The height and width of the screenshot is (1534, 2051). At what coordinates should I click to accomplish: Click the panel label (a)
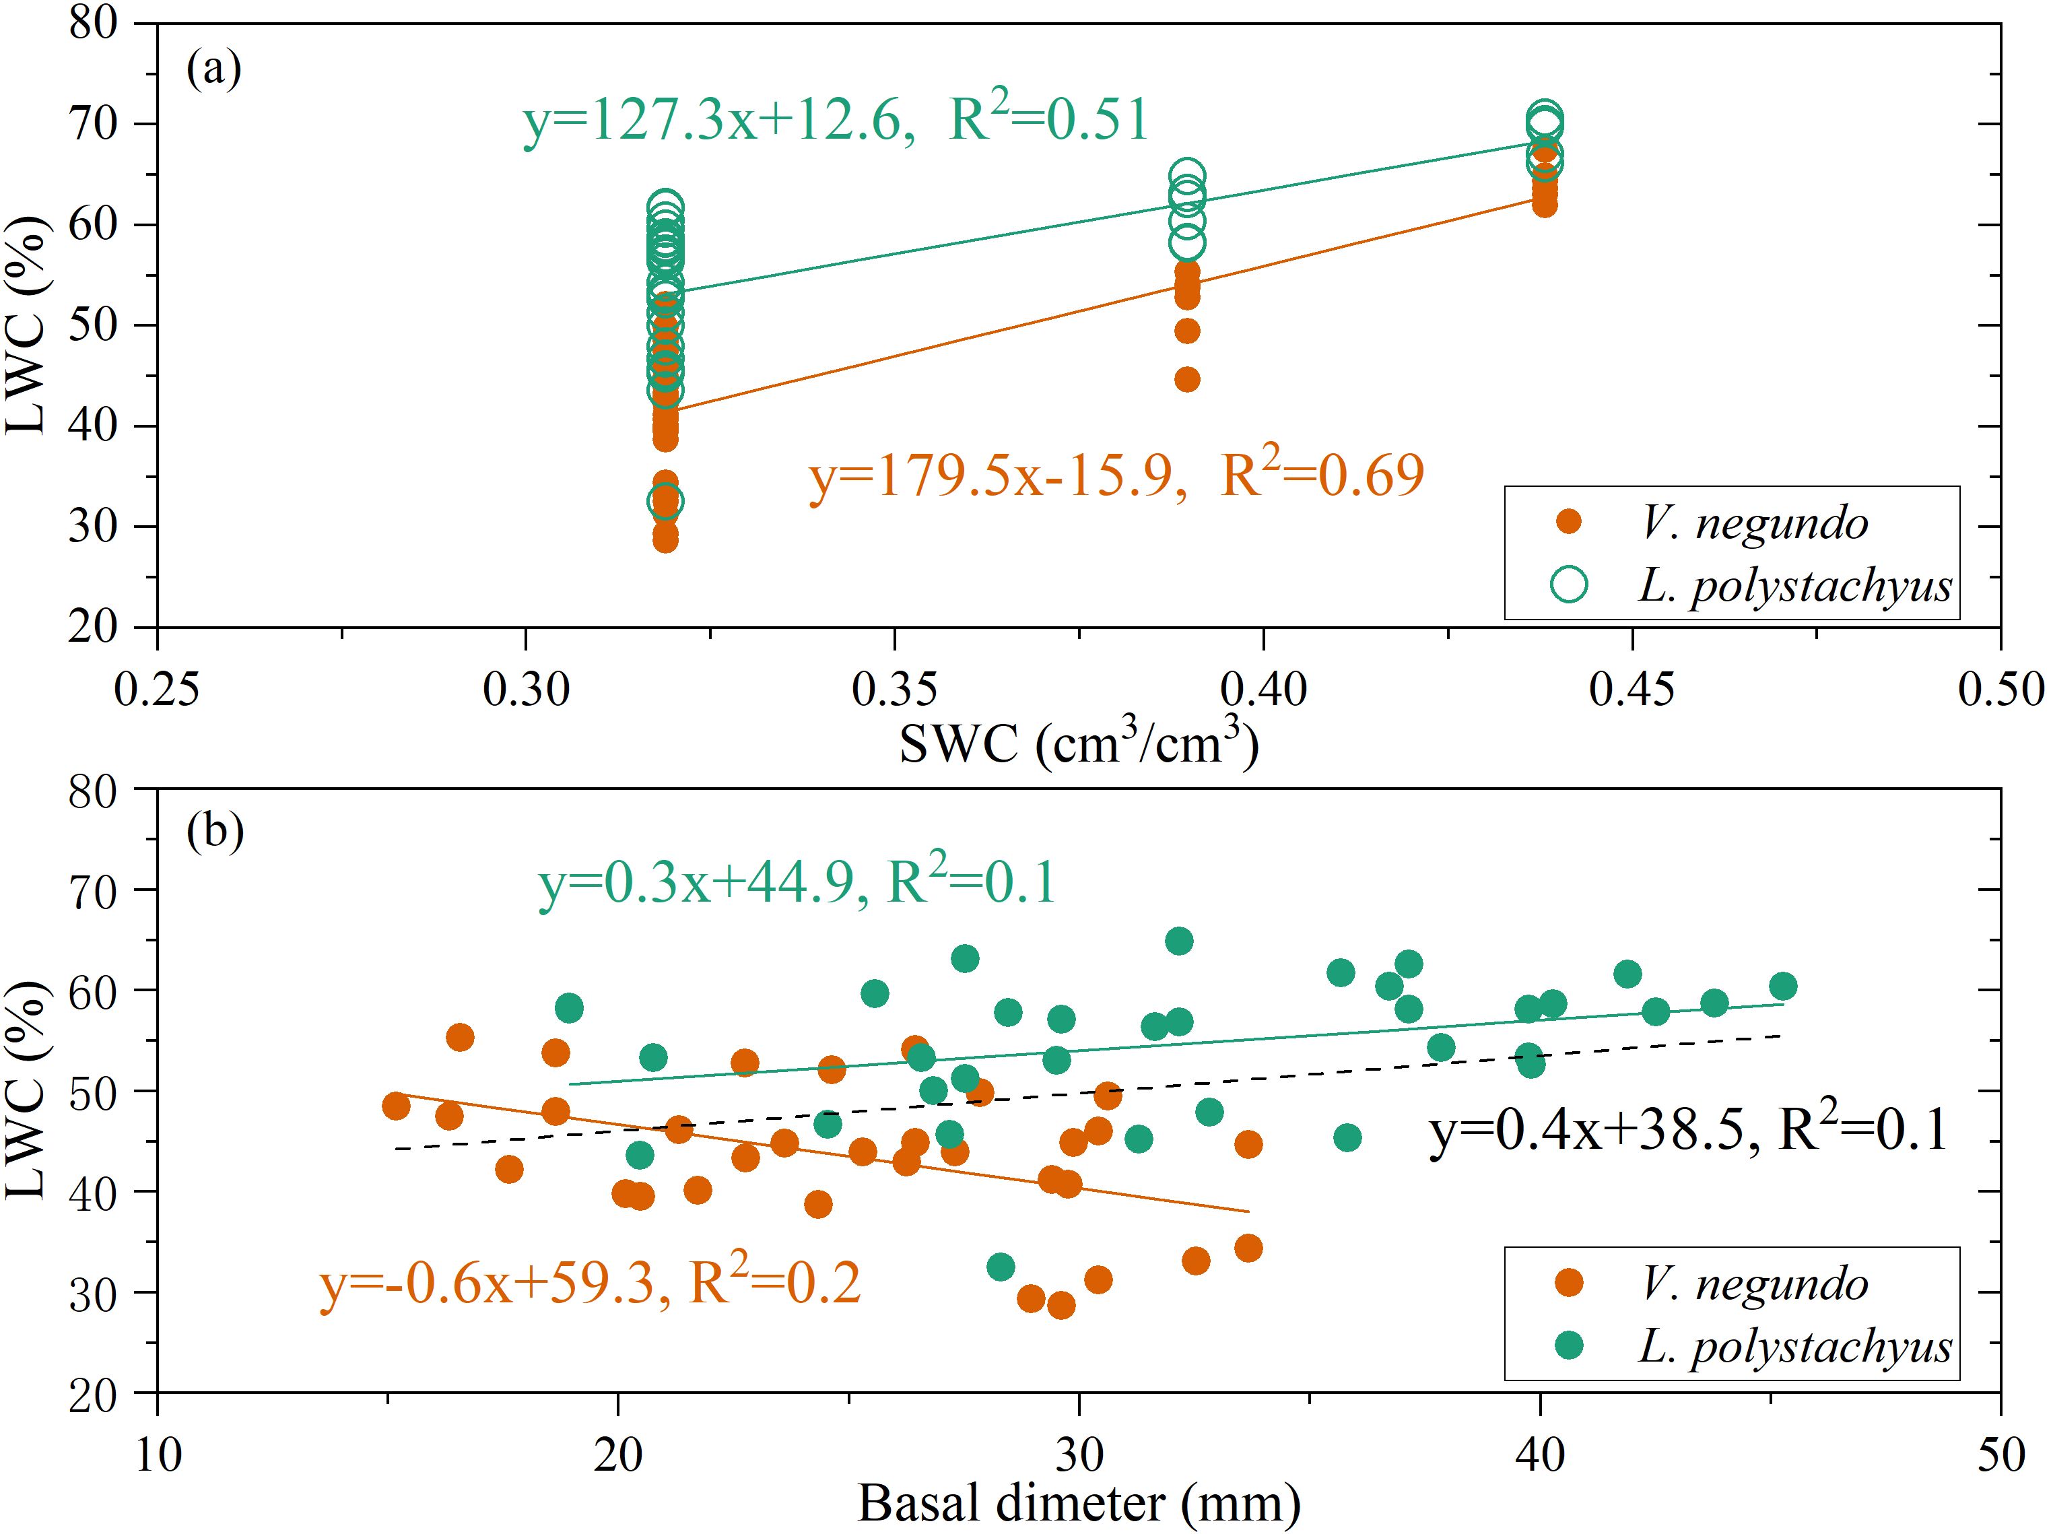click(214, 69)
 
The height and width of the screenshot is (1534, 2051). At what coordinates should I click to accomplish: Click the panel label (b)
click(215, 831)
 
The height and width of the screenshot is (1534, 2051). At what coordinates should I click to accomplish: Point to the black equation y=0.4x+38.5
click(1591, 1131)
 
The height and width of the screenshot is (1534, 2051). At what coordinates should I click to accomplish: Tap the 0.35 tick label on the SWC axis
click(894, 690)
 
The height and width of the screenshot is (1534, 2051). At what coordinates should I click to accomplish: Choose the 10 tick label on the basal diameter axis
click(158, 1455)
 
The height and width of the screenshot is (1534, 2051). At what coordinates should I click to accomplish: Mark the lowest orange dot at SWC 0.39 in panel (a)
click(1187, 379)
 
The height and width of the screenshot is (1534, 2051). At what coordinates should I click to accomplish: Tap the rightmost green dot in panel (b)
click(1782, 986)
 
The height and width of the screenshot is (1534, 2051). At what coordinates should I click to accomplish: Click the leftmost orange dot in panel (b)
click(396, 1106)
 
